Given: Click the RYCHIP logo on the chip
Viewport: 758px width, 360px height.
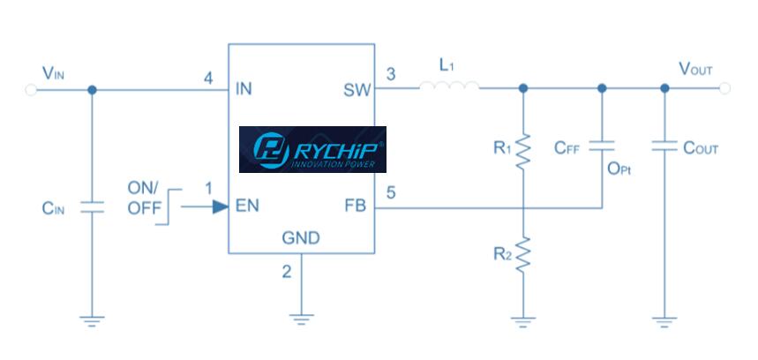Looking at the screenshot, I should (x=312, y=149).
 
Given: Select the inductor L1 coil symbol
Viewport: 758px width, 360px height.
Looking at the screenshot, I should (x=449, y=87).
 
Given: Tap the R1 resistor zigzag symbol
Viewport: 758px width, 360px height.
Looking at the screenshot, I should (x=523, y=150).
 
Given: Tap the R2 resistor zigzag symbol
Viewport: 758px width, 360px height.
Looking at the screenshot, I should (x=523, y=254).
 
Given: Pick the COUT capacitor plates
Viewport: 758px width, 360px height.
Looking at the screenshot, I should (x=664, y=146).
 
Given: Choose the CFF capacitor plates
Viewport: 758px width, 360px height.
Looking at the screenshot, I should (x=602, y=146).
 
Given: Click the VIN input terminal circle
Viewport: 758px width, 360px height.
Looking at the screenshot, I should (x=30, y=88).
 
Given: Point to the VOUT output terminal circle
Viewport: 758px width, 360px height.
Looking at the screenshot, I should (x=725, y=88).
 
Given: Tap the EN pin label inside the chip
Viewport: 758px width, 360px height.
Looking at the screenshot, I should (x=247, y=208).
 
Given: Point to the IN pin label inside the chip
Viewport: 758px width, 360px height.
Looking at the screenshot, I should (x=244, y=89).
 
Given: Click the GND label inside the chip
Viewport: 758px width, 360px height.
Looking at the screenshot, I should (x=301, y=238).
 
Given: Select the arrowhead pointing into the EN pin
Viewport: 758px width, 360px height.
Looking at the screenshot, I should (x=217, y=207).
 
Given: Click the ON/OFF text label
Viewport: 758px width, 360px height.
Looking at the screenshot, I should (x=144, y=199).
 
